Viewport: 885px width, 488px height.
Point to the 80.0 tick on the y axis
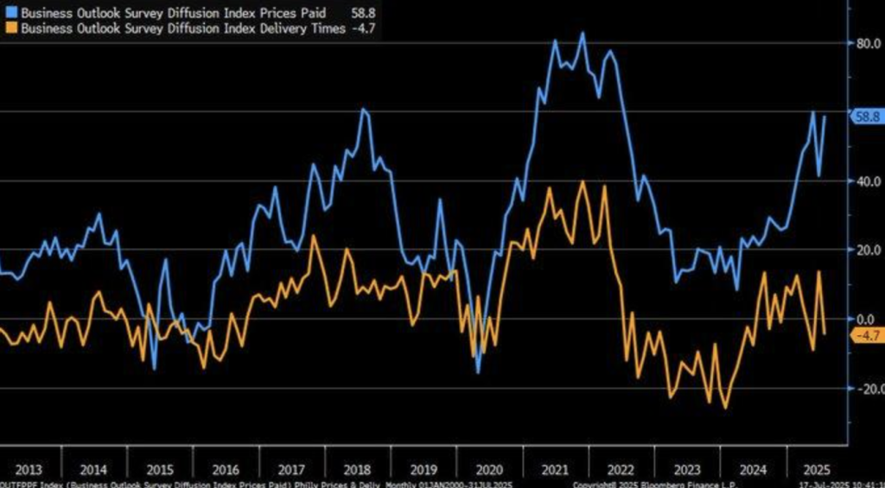[867, 42]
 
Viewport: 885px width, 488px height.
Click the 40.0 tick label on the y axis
[867, 181]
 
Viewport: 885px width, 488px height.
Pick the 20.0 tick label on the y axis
[867, 250]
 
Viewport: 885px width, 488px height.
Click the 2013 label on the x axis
[27, 470]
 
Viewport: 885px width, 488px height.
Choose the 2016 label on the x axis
[225, 470]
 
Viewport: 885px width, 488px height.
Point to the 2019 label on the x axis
[423, 470]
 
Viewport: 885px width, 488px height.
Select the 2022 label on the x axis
[621, 470]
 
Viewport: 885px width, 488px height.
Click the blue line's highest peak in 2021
[583, 34]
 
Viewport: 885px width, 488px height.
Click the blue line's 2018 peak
[363, 109]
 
